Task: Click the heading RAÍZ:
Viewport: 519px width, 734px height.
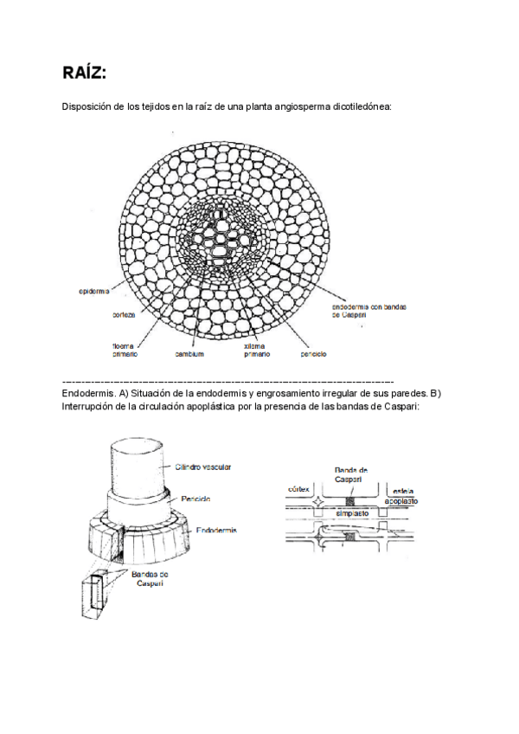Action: point(85,72)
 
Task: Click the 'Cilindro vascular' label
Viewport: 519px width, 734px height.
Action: point(203,467)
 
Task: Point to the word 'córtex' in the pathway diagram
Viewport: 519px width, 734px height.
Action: point(298,489)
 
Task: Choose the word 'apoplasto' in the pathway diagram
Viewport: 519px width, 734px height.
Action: point(404,499)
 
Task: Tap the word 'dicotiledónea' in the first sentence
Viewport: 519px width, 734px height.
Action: point(360,106)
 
